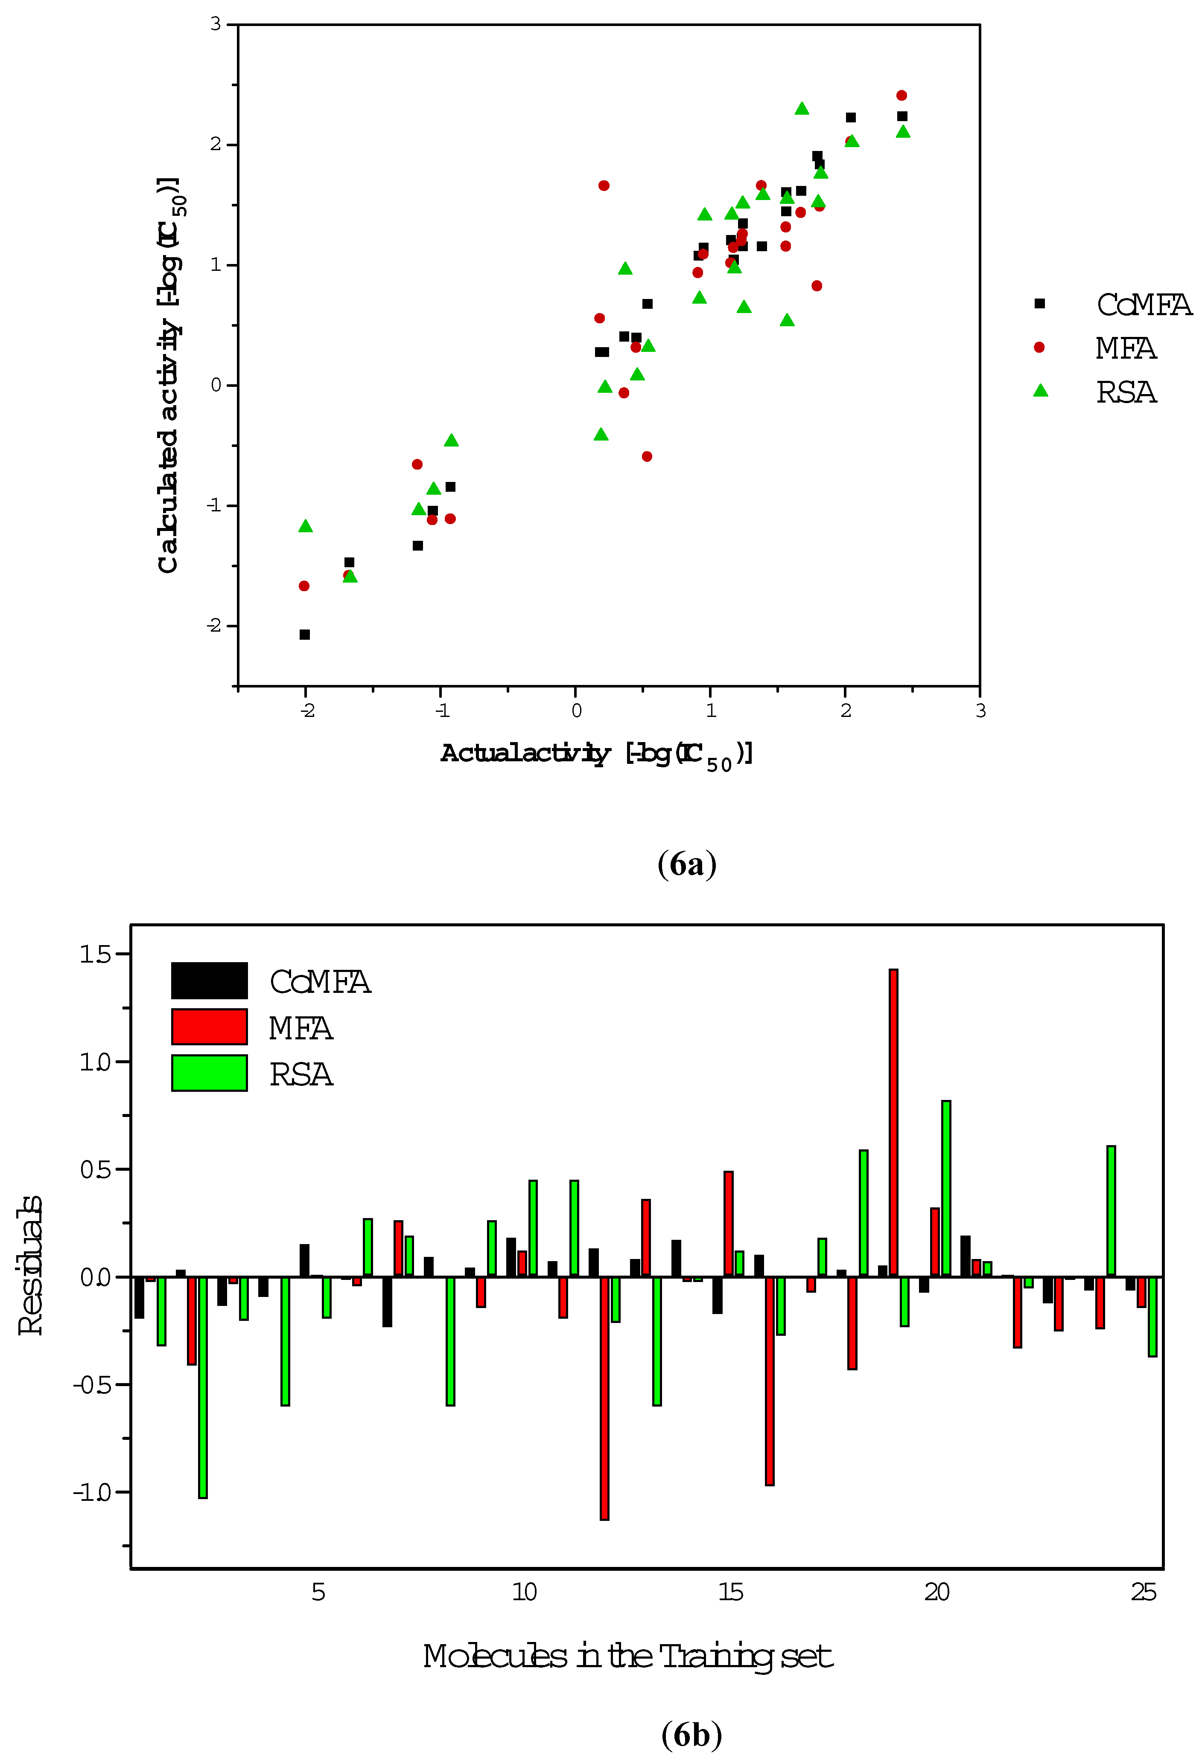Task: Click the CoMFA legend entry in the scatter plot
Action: (1143, 305)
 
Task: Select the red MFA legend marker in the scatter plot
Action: (1039, 347)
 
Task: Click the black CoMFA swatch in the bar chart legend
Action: (209, 981)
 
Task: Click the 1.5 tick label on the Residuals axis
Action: (95, 954)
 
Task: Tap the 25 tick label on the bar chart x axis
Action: (1143, 1593)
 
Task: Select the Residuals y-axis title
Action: (30, 1265)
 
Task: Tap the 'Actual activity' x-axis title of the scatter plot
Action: (596, 754)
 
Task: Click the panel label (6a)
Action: (686, 864)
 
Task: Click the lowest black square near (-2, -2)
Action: (304, 635)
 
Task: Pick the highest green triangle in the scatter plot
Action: (802, 109)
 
